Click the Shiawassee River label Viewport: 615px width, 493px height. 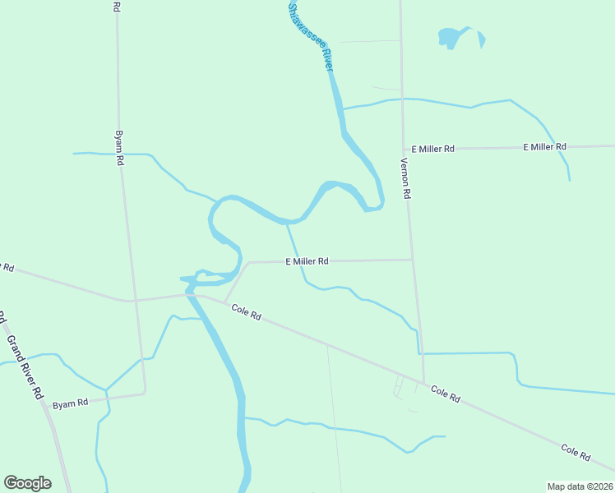(310, 36)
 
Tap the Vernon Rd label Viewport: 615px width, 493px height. (405, 178)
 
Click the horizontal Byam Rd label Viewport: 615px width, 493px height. (69, 404)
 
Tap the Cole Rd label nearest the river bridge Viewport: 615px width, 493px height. (246, 312)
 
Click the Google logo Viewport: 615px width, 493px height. (27, 483)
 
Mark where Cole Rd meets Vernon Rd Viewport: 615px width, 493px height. (423, 382)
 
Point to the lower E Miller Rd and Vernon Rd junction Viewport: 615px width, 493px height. (412, 260)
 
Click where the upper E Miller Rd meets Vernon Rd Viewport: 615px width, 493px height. (404, 149)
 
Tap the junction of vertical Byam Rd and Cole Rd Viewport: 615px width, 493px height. (135, 301)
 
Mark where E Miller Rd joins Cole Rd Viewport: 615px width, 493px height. (224, 302)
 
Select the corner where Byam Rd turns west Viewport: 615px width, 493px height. (145, 394)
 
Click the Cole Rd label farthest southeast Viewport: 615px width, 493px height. (576, 452)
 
